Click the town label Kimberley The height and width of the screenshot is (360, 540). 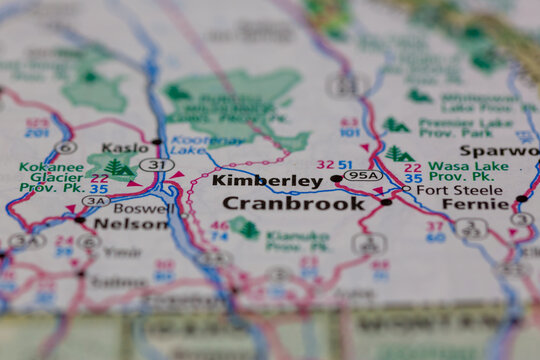(267, 181)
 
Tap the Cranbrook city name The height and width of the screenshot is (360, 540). (294, 203)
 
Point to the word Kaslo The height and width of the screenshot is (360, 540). (124, 147)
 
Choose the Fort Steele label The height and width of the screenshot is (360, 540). (446, 189)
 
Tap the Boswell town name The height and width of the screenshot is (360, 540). (141, 209)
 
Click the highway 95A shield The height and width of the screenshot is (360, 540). (362, 176)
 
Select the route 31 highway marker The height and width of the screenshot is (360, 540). (156, 165)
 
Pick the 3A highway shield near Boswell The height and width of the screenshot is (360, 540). (96, 201)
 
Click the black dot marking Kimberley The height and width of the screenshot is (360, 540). (336, 180)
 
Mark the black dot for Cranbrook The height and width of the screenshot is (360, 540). (386, 202)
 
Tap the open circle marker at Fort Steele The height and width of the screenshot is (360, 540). (406, 188)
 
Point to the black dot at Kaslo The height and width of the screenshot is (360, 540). (157, 142)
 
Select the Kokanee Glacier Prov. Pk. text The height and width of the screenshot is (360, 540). (52, 176)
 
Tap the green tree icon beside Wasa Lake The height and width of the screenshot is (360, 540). (400, 154)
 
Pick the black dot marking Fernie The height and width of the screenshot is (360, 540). (520, 199)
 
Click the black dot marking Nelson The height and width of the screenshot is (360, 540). (79, 220)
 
